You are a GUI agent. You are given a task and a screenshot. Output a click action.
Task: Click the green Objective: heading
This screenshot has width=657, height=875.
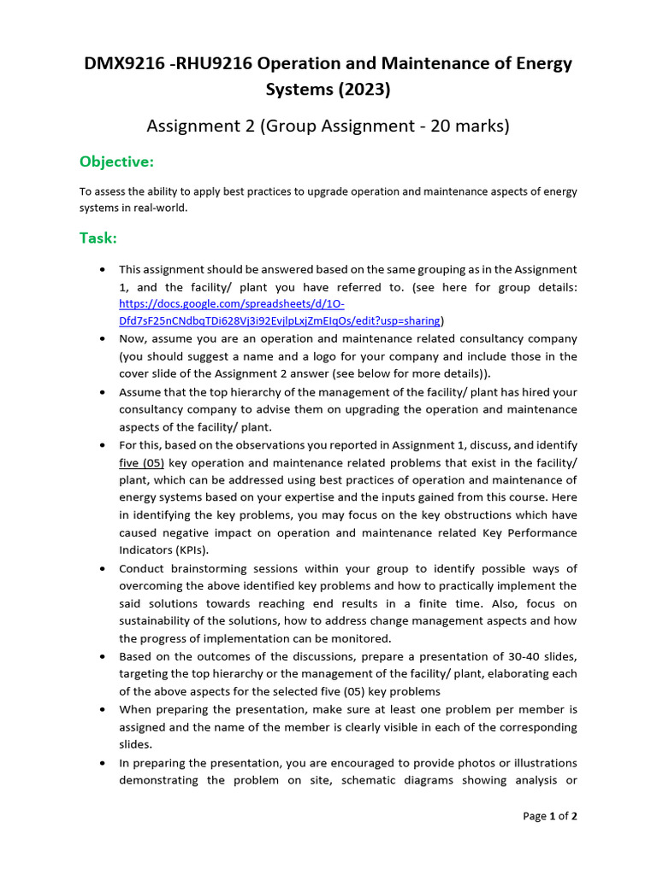tap(116, 162)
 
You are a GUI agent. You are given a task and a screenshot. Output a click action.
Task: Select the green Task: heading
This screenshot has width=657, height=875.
tap(98, 238)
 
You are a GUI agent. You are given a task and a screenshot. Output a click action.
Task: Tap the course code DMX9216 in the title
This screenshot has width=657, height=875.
tap(121, 63)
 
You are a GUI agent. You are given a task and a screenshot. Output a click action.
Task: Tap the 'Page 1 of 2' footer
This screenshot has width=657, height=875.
tap(549, 816)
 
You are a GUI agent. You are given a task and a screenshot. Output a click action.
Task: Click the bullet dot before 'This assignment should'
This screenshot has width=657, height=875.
tap(103, 269)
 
